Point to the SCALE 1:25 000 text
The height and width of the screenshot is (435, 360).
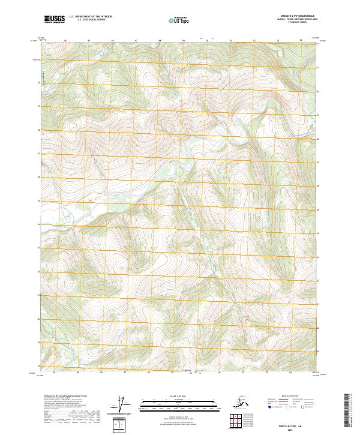click(x=179, y=395)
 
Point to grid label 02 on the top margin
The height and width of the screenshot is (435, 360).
click(x=253, y=41)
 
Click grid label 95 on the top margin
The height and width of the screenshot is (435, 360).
click(x=89, y=41)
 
